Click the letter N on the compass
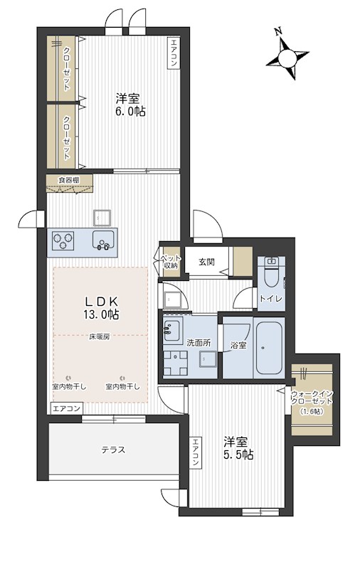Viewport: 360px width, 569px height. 279,32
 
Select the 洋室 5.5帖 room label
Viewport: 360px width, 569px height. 238,448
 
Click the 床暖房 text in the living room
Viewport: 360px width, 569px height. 98,336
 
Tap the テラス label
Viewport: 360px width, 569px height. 113,450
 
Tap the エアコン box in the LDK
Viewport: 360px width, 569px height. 66,408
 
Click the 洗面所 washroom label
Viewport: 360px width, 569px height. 198,343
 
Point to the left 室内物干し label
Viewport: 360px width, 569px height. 69,386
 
